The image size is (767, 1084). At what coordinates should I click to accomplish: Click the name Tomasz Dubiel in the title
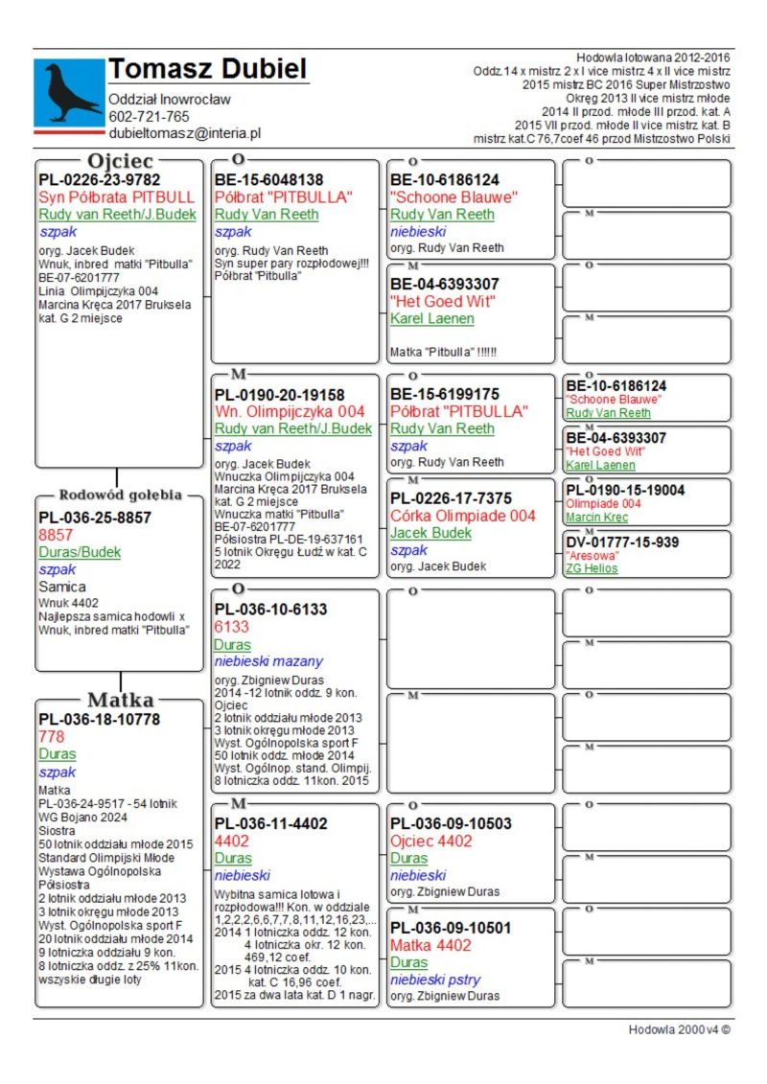pyautogui.click(x=207, y=69)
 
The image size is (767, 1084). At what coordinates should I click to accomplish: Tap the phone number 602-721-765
pyautogui.click(x=149, y=117)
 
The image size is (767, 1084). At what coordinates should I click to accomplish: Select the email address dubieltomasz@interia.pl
pyautogui.click(x=184, y=134)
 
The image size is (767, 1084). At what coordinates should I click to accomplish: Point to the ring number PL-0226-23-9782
pyautogui.click(x=100, y=180)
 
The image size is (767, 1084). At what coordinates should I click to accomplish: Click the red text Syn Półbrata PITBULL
pyautogui.click(x=116, y=197)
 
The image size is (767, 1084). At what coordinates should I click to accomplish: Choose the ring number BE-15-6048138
pyautogui.click(x=269, y=180)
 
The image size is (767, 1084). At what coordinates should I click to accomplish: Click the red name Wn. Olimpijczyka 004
pyautogui.click(x=290, y=412)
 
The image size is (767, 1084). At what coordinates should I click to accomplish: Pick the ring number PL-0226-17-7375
pyautogui.click(x=451, y=498)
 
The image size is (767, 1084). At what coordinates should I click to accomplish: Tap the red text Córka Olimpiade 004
pyautogui.click(x=463, y=516)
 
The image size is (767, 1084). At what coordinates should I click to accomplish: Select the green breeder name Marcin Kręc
pyautogui.click(x=596, y=518)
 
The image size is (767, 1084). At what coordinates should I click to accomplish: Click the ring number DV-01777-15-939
pyautogui.click(x=622, y=542)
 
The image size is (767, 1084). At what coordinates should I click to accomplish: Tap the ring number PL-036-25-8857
pyautogui.click(x=95, y=518)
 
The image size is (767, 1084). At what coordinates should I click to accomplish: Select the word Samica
pyautogui.click(x=62, y=587)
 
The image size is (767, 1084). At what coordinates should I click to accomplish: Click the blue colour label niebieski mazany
pyautogui.click(x=268, y=661)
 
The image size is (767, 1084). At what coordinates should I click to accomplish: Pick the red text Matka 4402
pyautogui.click(x=430, y=945)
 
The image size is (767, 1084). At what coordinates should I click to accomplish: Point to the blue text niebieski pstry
pyautogui.click(x=435, y=980)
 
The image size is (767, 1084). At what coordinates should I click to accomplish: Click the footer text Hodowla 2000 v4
pyautogui.click(x=679, y=1029)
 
